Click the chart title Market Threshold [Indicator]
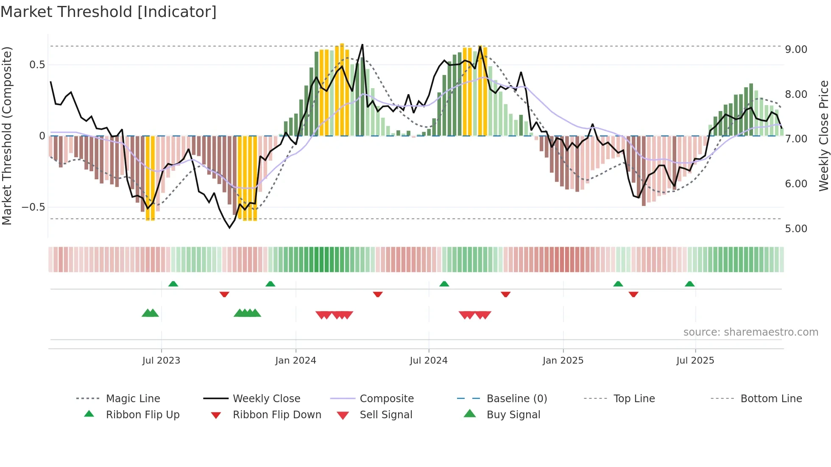(109, 12)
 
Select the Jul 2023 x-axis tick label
(161, 361)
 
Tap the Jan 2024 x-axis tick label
(296, 361)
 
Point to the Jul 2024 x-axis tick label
(429, 361)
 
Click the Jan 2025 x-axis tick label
(563, 361)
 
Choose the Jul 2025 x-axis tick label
(695, 361)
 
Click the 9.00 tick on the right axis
(796, 50)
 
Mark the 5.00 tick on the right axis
(796, 229)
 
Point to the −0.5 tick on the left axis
(33, 207)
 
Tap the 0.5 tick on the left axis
(37, 65)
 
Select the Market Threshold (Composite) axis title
(7, 136)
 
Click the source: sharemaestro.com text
(750, 332)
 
